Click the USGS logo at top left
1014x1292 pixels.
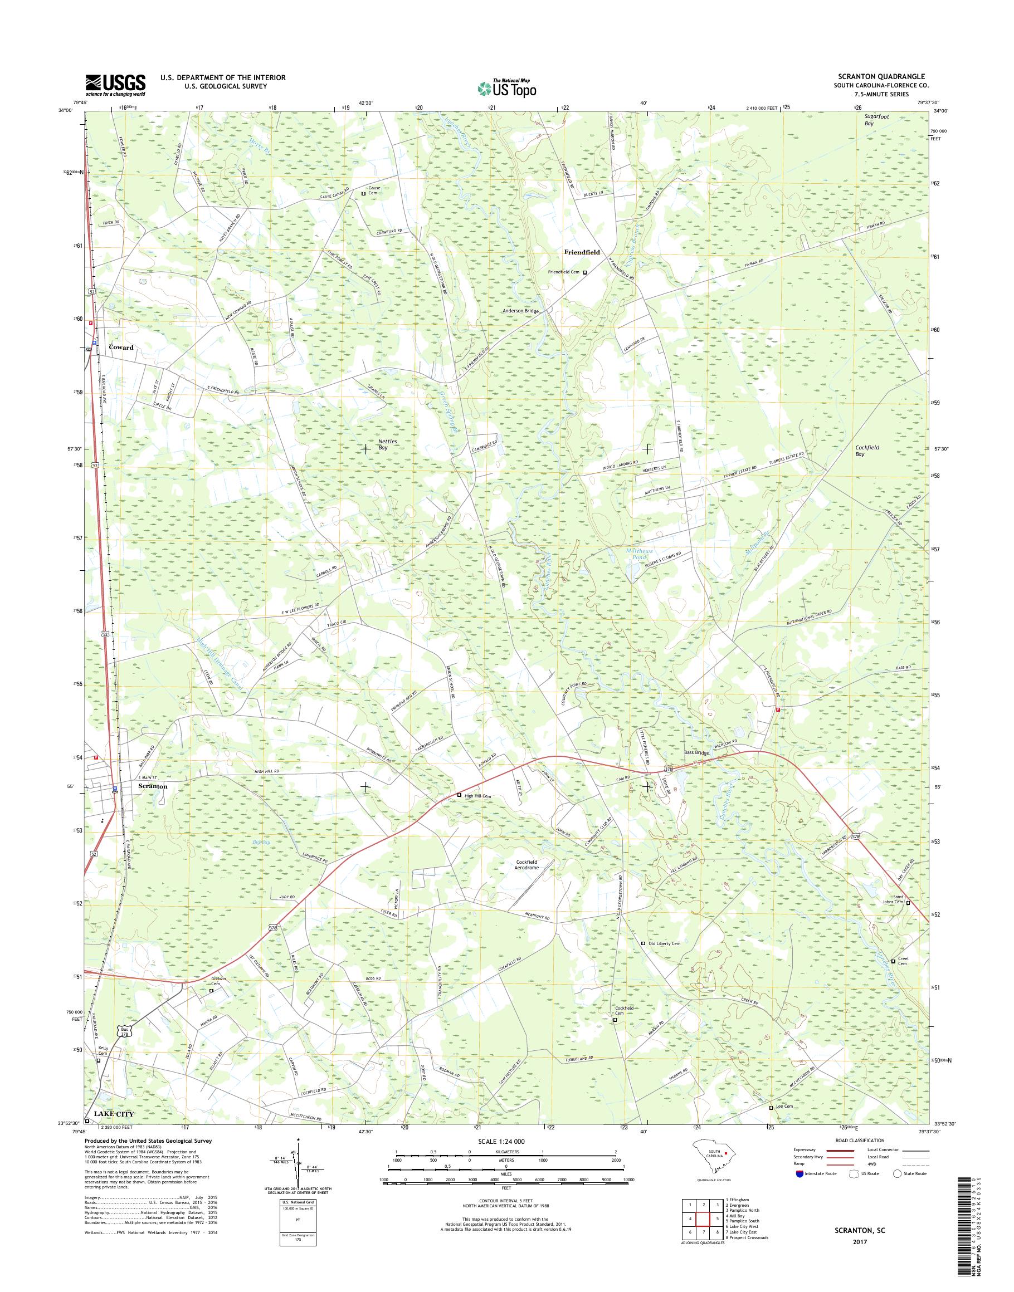[x=116, y=85]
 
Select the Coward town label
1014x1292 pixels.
[x=121, y=347]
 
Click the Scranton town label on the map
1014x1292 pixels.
[x=153, y=786]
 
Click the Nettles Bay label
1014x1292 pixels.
[x=388, y=445]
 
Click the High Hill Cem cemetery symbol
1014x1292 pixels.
[x=459, y=795]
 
